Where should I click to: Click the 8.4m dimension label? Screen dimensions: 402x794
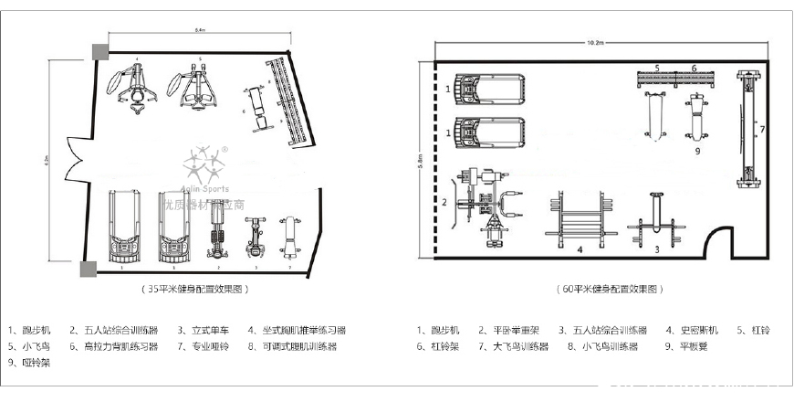(199, 31)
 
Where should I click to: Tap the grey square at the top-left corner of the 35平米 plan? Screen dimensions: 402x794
(98, 51)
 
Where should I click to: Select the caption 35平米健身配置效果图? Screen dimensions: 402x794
(199, 288)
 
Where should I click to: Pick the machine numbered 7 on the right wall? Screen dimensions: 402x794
(750, 130)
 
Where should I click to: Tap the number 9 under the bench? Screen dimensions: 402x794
(696, 150)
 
